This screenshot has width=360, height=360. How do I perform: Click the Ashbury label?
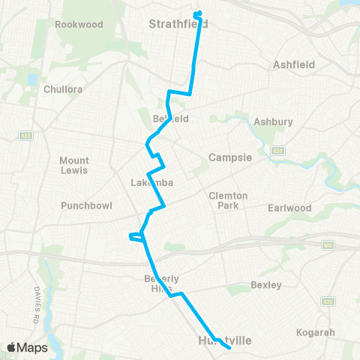[x=273, y=121]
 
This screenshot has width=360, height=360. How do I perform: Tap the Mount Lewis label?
[x=74, y=165]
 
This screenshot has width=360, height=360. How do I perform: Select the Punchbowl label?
[x=83, y=205]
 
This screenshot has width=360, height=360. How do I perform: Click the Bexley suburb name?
[x=266, y=285]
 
